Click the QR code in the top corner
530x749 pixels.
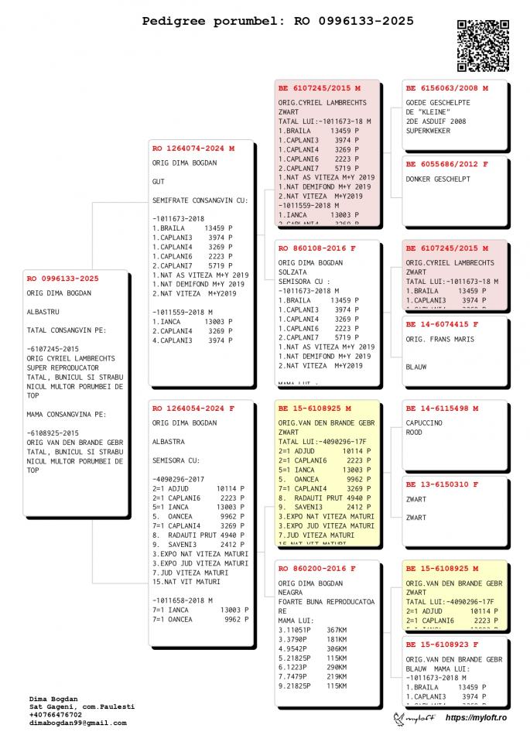tap(484, 44)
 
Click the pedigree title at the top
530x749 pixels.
tap(277, 21)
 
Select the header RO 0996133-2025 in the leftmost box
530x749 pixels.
tap(63, 279)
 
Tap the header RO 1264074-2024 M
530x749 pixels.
tap(193, 148)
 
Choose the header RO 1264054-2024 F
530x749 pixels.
tap(193, 408)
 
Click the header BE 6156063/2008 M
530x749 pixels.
tap(446, 88)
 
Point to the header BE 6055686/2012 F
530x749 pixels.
tap(446, 164)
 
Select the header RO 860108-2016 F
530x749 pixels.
tap(316, 248)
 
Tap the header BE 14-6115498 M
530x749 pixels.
tap(442, 409)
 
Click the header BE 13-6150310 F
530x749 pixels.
tap(442, 484)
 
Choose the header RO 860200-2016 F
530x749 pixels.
tap(316, 568)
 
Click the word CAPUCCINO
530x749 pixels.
tap(424, 423)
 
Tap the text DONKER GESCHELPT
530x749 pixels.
tap(438, 179)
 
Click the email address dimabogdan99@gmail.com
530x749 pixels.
tap(77, 723)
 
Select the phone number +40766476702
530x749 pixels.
tap(56, 715)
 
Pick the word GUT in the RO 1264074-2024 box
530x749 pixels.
tap(159, 182)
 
